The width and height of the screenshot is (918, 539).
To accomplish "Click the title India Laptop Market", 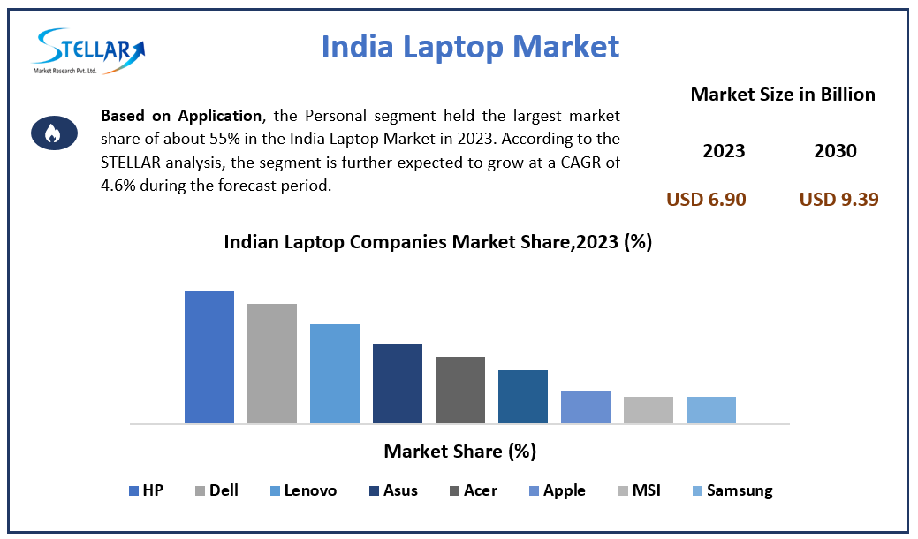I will (470, 46).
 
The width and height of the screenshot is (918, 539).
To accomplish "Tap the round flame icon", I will (52, 133).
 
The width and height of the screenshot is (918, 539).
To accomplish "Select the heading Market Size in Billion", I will (782, 95).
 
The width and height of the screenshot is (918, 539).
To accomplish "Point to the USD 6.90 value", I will (706, 200).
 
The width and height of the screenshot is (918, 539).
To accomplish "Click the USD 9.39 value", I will (838, 200).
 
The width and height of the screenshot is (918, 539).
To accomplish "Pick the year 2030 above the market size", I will (835, 151).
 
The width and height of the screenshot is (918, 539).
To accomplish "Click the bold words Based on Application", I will (181, 117).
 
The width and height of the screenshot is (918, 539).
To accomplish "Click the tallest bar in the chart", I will (209, 357).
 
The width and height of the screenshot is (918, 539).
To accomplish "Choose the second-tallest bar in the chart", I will (272, 363).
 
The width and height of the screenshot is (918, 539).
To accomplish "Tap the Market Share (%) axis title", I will (459, 452).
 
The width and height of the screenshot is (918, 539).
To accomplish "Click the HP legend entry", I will (147, 490).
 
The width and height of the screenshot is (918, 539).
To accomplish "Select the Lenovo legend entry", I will (303, 490).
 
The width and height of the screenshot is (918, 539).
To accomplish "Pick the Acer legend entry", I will (474, 490).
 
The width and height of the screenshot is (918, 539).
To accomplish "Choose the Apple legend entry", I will (557, 490).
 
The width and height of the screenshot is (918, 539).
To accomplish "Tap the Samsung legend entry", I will (732, 490).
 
